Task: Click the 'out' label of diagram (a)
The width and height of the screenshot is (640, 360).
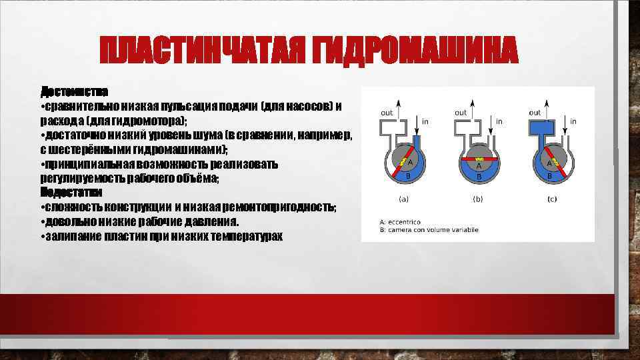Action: [387, 113]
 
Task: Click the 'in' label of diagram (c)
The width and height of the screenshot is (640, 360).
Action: [573, 121]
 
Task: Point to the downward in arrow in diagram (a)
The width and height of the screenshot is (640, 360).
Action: [417, 121]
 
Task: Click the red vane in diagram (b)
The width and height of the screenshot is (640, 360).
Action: [478, 160]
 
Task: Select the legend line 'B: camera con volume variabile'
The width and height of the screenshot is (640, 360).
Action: [428, 231]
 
